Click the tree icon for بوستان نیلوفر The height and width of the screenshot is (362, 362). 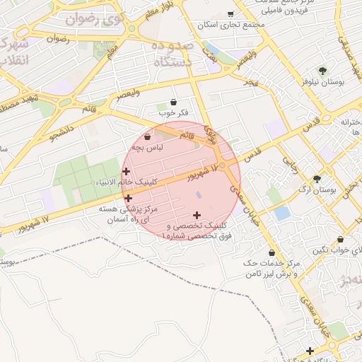click(x=323, y=71)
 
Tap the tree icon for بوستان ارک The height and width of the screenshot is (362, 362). click(x=317, y=179)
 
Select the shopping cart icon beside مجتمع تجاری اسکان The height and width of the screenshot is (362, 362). click(x=230, y=13)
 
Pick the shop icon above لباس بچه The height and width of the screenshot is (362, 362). click(x=147, y=137)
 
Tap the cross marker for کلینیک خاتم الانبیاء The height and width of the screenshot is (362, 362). click(x=126, y=171)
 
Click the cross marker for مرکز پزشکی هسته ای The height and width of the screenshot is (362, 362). click(x=128, y=199)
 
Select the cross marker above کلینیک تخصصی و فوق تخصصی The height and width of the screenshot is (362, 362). click(x=196, y=215)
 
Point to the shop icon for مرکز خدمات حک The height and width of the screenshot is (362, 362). click(x=272, y=252)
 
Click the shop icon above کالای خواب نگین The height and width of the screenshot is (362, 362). click(x=340, y=240)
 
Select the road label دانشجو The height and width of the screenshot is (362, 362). click(x=61, y=131)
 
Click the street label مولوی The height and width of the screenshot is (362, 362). click(x=209, y=132)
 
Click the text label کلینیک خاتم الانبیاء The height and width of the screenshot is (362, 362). click(x=126, y=183)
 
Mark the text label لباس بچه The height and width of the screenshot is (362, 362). click(x=151, y=148)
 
